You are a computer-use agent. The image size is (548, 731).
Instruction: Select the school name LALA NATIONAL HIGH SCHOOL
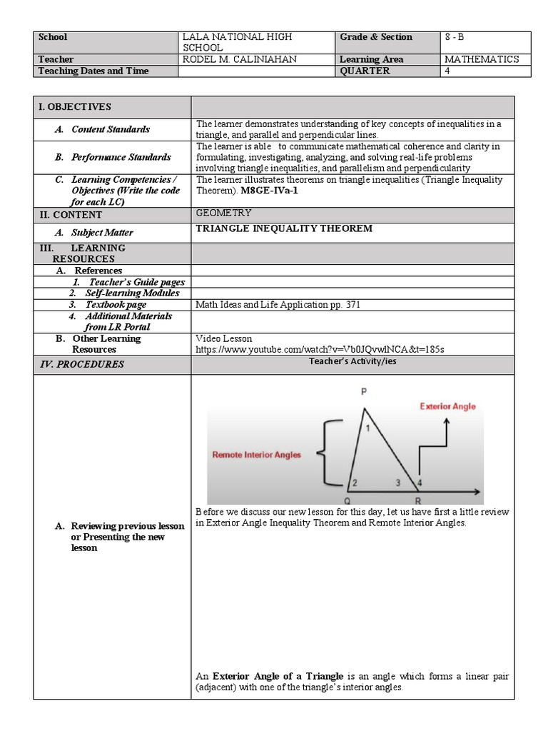(x=237, y=41)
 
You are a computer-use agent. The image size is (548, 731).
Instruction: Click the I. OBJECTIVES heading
(x=75, y=106)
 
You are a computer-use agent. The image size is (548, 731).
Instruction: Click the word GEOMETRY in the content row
(x=223, y=213)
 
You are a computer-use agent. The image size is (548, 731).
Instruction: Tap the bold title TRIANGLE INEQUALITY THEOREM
(x=284, y=229)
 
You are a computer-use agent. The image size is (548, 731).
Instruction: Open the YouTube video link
(x=320, y=349)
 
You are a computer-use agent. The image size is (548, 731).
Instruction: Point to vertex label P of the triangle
(x=363, y=392)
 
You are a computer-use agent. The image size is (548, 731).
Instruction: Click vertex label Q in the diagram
(x=347, y=500)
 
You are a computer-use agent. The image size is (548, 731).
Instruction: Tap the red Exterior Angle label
(x=447, y=406)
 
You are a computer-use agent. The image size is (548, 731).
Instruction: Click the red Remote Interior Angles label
(x=257, y=454)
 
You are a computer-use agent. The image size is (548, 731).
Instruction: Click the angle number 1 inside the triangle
(x=368, y=428)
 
